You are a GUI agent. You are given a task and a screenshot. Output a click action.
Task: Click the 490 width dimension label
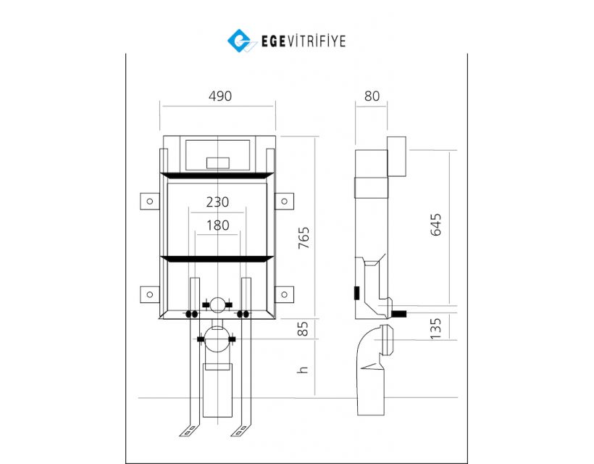click(220, 96)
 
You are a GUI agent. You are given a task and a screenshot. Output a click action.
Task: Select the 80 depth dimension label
click(372, 96)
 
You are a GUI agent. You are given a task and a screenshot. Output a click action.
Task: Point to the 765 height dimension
click(304, 238)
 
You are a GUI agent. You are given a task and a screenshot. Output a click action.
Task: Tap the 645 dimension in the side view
click(435, 225)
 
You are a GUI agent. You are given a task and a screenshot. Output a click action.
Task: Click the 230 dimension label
click(217, 202)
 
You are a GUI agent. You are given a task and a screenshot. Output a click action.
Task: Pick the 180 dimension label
click(218, 225)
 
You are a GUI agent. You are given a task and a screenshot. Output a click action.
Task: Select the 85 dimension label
click(303, 328)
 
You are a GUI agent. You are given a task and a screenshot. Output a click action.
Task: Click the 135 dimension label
click(435, 328)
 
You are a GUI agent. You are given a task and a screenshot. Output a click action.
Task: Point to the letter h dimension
click(303, 370)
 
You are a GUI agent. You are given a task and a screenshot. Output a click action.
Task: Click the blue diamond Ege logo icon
click(240, 41)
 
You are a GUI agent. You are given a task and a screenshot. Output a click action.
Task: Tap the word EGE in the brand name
click(273, 41)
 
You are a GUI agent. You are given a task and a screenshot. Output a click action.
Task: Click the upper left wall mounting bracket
click(150, 202)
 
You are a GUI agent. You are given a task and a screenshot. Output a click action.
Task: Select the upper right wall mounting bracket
click(284, 202)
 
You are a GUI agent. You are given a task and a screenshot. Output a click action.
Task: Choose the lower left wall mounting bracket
click(150, 294)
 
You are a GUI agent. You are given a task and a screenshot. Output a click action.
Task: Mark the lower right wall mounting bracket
click(284, 294)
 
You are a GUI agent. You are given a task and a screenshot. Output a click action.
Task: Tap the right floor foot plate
click(240, 430)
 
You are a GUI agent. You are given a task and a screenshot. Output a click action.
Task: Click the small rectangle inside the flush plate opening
click(218, 163)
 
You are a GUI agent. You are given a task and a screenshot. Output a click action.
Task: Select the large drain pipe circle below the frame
click(217, 339)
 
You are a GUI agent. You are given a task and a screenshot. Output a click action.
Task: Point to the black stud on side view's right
click(399, 314)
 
